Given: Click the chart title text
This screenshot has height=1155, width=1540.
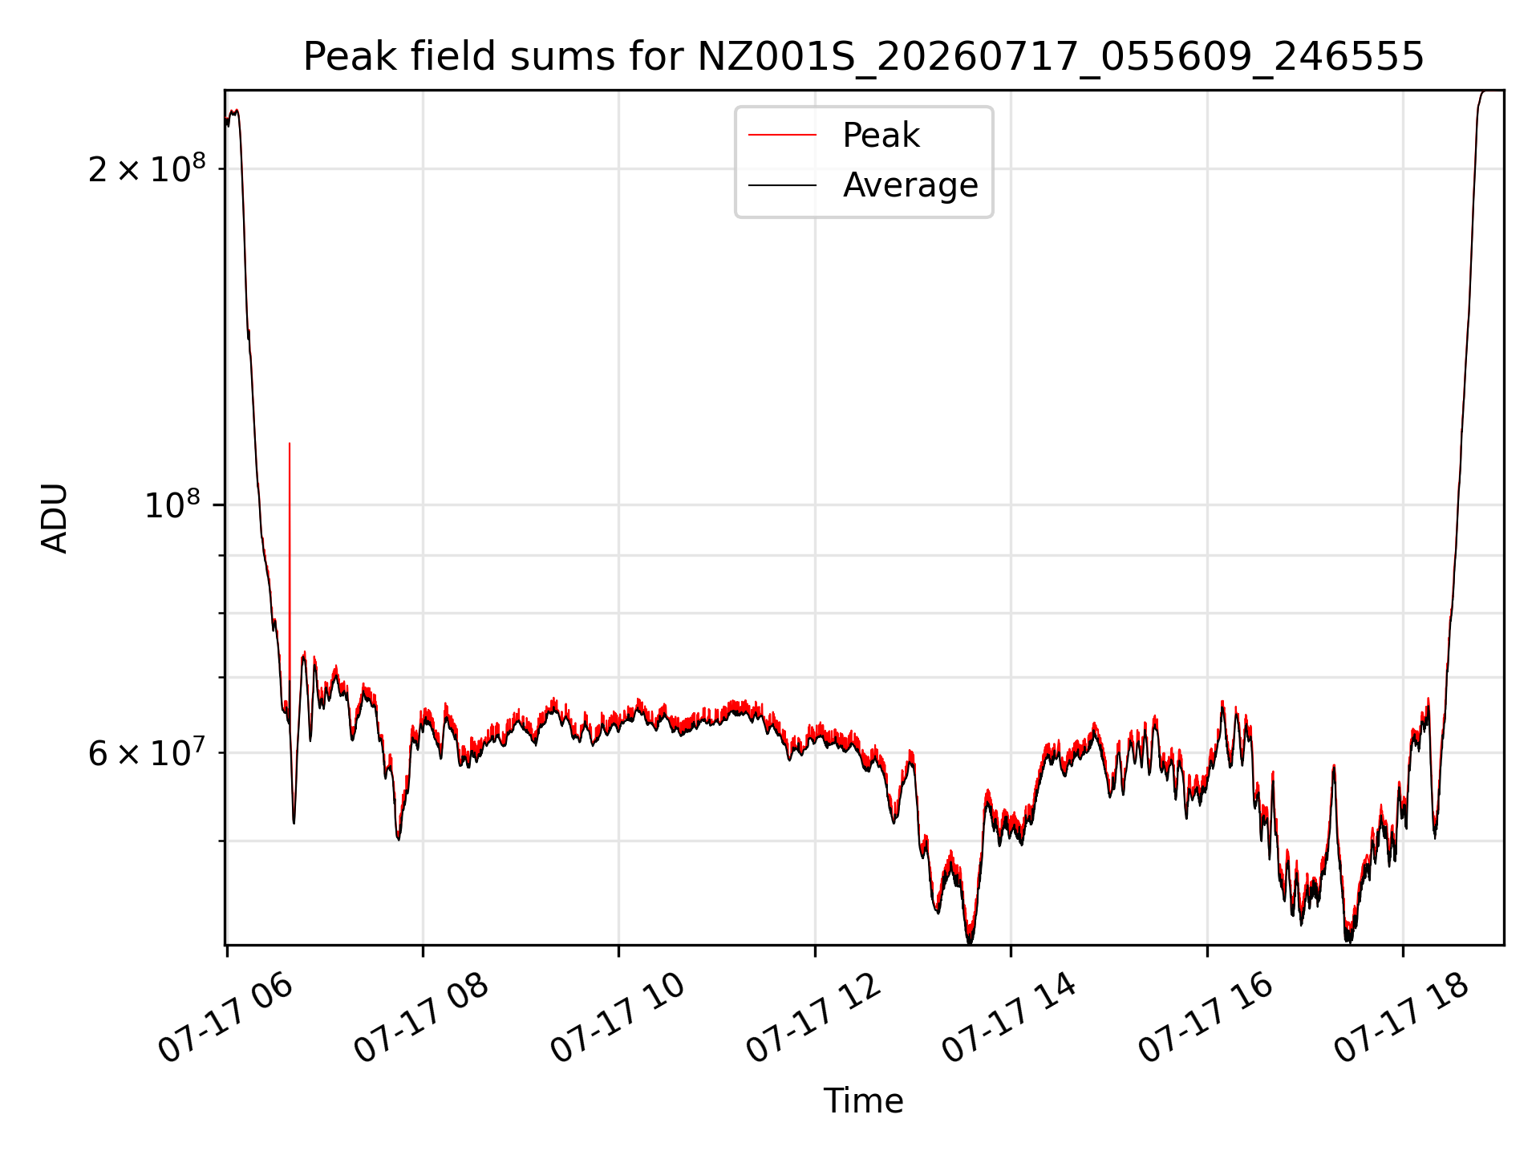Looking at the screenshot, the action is [x=864, y=57].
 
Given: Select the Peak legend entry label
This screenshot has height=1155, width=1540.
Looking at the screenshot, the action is [x=881, y=136].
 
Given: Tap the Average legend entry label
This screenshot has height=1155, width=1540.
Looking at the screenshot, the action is [x=910, y=185].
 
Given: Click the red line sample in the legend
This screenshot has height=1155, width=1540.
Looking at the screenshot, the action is [x=782, y=136].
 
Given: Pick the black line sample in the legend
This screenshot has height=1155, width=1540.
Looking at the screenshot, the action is [x=782, y=185].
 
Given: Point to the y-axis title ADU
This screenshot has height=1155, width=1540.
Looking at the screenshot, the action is [x=55, y=518].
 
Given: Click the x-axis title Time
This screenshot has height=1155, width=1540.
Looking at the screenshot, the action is [x=864, y=1101].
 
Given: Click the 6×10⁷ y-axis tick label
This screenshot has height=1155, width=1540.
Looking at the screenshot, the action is [x=147, y=752].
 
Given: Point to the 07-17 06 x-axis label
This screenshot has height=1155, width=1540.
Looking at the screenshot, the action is [x=227, y=1017].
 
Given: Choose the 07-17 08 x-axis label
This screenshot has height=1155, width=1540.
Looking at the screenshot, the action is [x=423, y=1017].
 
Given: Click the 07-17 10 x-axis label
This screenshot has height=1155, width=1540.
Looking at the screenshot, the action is [x=618, y=1017].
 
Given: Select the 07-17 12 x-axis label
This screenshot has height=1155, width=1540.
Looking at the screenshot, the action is [x=815, y=1017].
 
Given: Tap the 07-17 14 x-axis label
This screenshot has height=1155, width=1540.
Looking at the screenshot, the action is [x=1011, y=1017].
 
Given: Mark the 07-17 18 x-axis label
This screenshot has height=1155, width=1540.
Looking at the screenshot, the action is [x=1403, y=1017].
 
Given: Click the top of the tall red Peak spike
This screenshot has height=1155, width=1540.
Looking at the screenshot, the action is [x=290, y=443].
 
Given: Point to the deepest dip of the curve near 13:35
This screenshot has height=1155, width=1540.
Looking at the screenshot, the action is [x=970, y=942].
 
